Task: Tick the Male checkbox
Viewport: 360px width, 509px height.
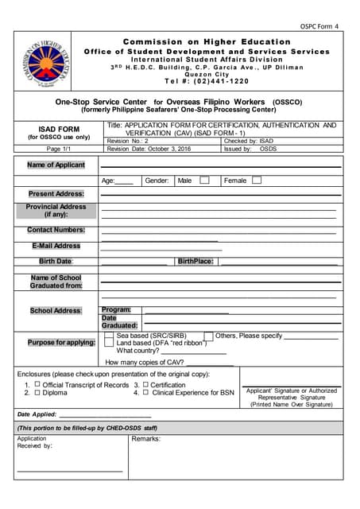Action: coord(204,181)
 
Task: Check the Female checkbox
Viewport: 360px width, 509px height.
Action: coord(256,181)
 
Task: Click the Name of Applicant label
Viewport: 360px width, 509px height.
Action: coord(56,165)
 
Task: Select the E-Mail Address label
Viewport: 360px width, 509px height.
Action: coord(56,246)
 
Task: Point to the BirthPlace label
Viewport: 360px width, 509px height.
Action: coord(195,261)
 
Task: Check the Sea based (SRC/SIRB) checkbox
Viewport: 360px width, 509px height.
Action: coord(109,336)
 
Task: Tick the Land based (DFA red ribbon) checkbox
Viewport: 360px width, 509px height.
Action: coord(109,344)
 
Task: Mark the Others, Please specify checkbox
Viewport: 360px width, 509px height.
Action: coord(208,336)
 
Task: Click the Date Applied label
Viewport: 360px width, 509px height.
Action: coord(37,414)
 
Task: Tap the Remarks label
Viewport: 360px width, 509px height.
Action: coord(146,439)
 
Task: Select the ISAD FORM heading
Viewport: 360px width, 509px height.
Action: coord(59,128)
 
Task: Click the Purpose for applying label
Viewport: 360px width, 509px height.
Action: coord(56,343)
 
